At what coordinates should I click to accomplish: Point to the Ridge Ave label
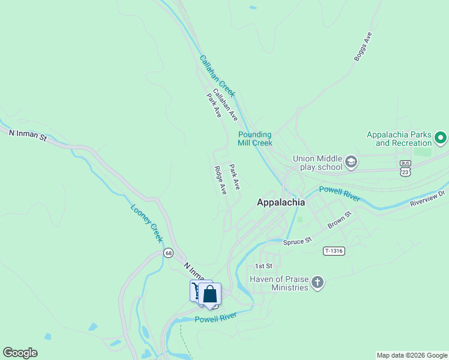(220, 180)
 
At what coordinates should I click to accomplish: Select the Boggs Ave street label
(363, 47)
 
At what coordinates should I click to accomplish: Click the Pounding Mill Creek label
(255, 139)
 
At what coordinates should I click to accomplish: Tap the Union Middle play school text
(317, 163)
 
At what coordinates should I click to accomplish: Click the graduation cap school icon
(351, 162)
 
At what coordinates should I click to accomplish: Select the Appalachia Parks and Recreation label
(399, 139)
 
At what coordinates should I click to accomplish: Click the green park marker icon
(441, 139)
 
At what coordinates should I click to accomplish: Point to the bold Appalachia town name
(281, 202)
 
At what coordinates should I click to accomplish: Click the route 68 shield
(167, 253)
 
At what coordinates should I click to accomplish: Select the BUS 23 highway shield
(406, 167)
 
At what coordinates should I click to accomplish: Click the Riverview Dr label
(429, 198)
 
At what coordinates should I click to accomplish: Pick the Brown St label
(339, 220)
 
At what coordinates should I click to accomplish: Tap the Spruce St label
(298, 240)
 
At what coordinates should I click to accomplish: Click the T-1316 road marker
(334, 251)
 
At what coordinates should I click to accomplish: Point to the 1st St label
(264, 265)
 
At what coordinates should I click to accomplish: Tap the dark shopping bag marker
(210, 295)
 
